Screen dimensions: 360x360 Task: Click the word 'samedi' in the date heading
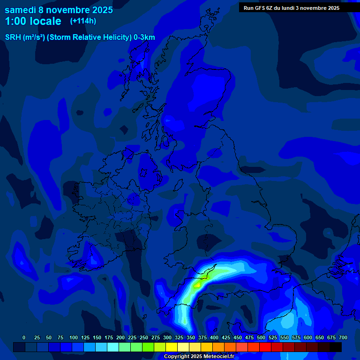click(x=20, y=10)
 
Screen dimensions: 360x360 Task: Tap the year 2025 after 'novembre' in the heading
click(x=99, y=10)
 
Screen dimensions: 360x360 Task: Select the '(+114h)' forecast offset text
click(x=83, y=21)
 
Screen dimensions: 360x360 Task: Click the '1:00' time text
click(x=15, y=22)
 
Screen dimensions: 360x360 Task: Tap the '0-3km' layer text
click(x=144, y=37)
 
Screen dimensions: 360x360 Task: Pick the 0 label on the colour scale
click(x=24, y=337)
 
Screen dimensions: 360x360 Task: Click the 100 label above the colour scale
click(x=74, y=337)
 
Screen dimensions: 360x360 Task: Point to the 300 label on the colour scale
click(x=167, y=337)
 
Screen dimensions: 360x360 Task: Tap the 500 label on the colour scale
click(x=261, y=337)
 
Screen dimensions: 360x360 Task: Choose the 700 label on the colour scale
click(x=343, y=337)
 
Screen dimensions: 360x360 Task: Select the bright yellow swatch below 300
click(x=172, y=347)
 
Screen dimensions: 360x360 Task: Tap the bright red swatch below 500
click(x=265, y=347)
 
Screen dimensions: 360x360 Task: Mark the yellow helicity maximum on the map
click(x=198, y=284)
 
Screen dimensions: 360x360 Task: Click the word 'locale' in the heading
click(x=44, y=22)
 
